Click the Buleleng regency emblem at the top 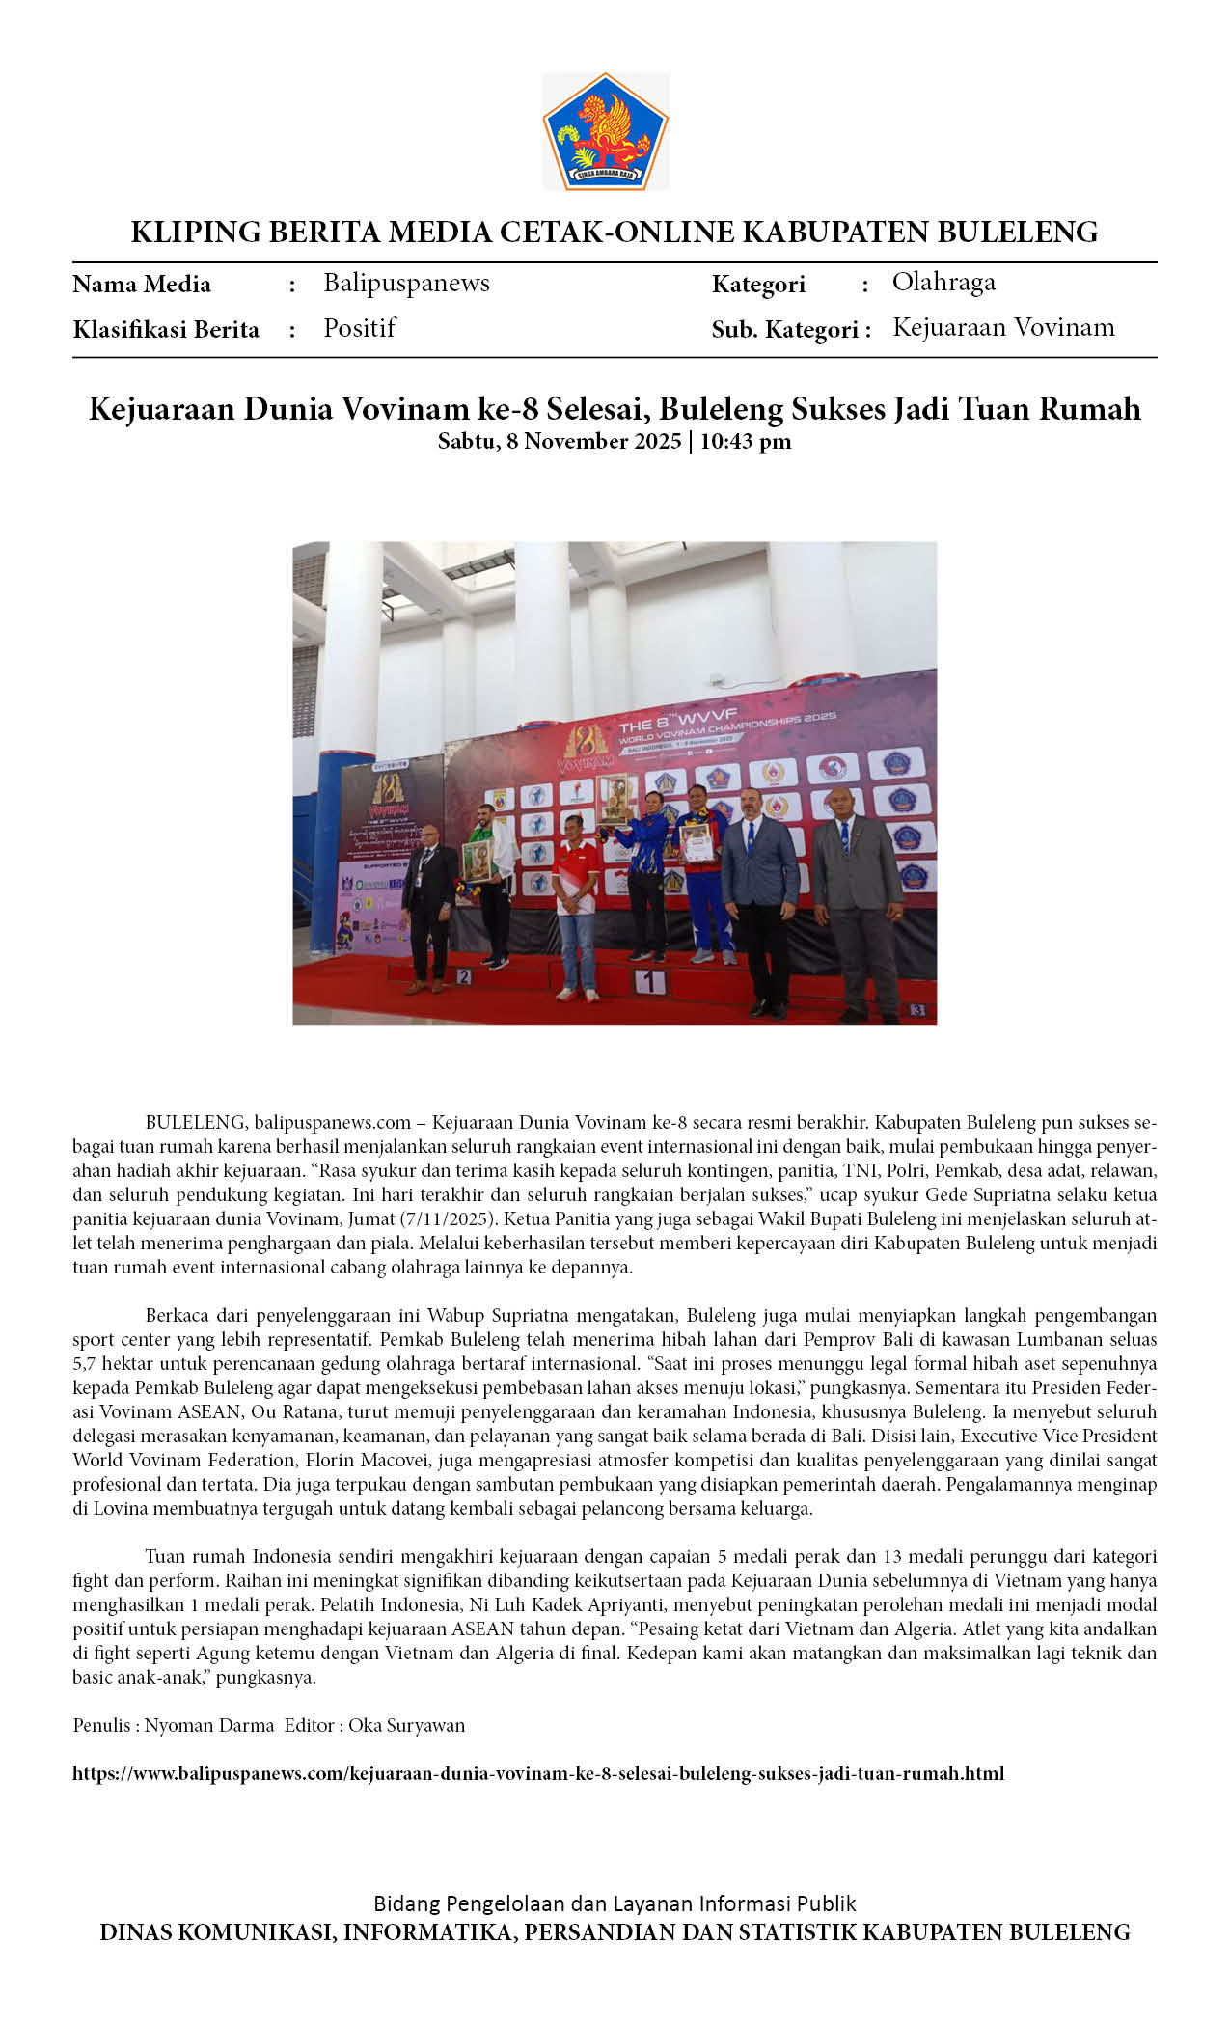pyautogui.click(x=605, y=131)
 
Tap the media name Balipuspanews pyautogui.click(x=406, y=283)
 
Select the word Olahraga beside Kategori pyautogui.click(x=943, y=282)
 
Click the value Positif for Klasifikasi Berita pyautogui.click(x=360, y=328)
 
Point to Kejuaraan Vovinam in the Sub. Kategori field pyautogui.click(x=1003, y=327)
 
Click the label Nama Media pyautogui.click(x=142, y=284)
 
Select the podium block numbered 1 pyautogui.click(x=650, y=982)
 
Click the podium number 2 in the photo pyautogui.click(x=464, y=976)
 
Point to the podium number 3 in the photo pyautogui.click(x=916, y=1009)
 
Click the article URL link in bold pyautogui.click(x=538, y=1773)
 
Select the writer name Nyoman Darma pyautogui.click(x=209, y=1725)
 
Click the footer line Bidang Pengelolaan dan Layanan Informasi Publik pyautogui.click(x=615, y=1903)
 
